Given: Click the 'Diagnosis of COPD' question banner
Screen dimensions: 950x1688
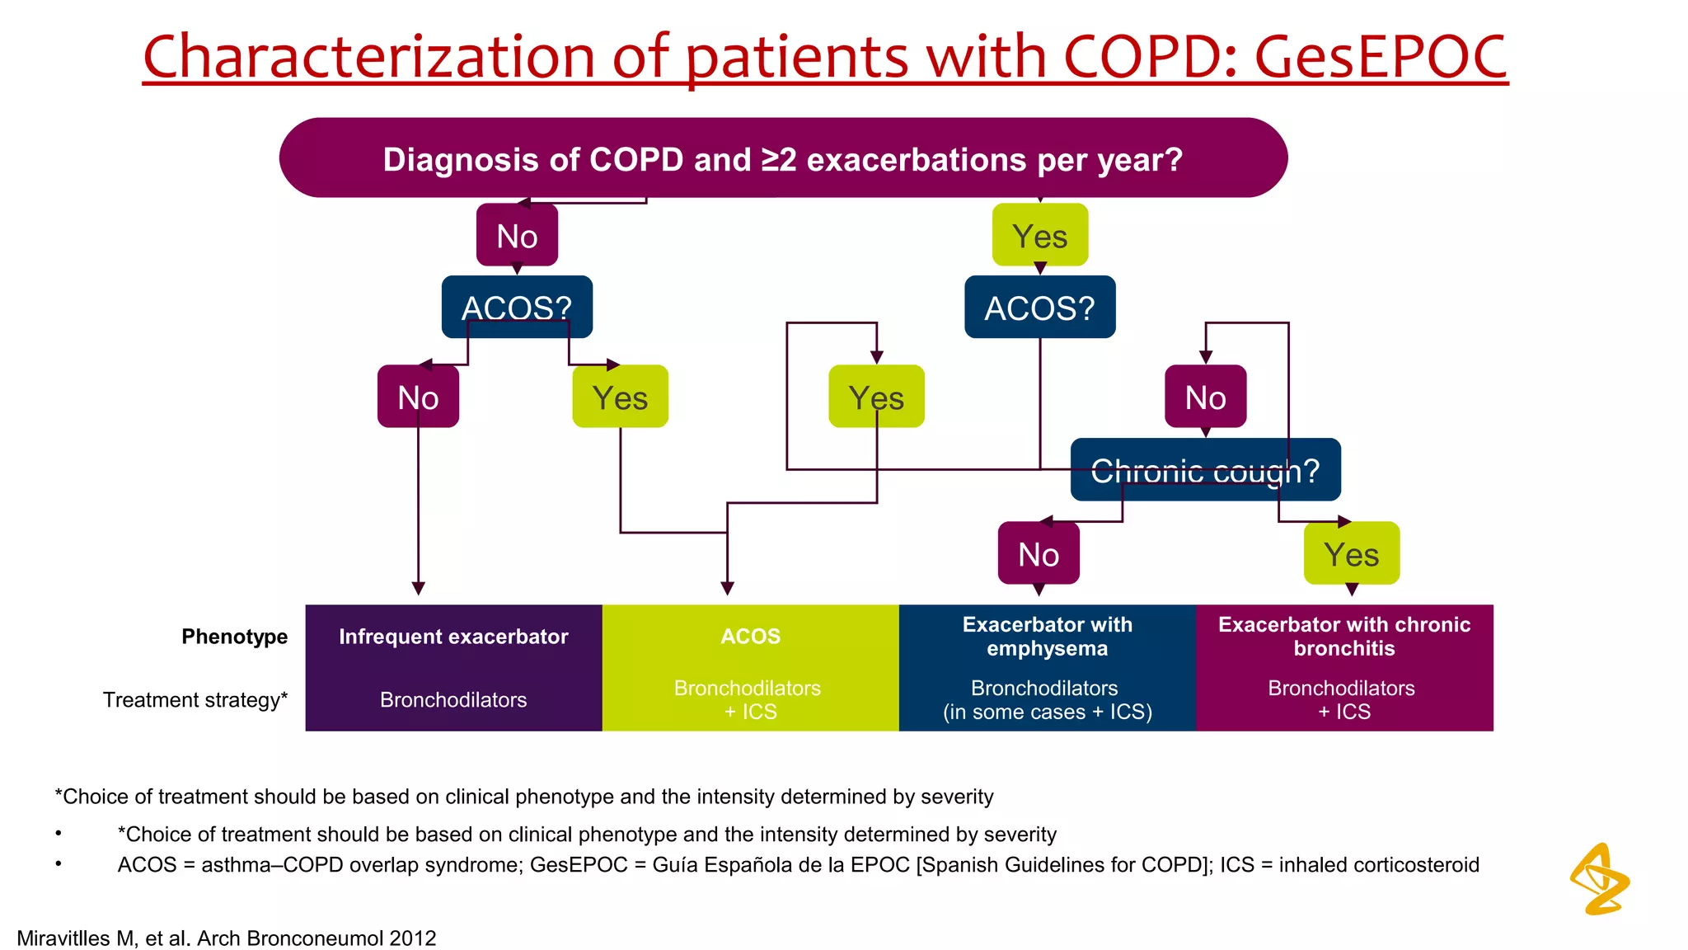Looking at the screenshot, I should [783, 158].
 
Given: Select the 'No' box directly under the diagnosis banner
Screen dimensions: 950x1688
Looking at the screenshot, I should [517, 236].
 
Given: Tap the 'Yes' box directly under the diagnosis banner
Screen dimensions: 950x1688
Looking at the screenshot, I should [1039, 236].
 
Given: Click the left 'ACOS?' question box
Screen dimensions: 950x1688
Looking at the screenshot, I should [517, 307].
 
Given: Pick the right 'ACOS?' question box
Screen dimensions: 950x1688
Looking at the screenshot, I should [1039, 307].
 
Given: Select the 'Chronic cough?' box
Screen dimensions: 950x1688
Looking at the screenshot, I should [1204, 470].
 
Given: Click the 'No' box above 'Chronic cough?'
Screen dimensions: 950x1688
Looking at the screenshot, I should [1204, 397].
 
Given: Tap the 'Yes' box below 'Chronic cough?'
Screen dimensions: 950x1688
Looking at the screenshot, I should [1351, 553].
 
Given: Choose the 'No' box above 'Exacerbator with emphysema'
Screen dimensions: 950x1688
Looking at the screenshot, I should [1038, 553].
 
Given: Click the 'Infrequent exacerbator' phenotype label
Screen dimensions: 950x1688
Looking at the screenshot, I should [453, 637].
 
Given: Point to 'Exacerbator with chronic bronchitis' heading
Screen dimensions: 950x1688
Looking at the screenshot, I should [1344, 636].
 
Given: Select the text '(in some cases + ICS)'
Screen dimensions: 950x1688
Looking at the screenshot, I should [1047, 712].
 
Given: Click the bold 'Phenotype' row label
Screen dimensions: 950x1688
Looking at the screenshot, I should [234, 637].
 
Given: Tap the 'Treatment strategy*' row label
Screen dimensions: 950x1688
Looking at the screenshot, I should [195, 700].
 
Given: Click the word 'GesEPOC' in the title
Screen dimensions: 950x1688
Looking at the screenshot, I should [1381, 58].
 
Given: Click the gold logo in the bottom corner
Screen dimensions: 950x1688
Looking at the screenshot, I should [1599, 879].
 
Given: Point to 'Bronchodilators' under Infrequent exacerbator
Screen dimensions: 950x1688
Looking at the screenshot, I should [453, 700].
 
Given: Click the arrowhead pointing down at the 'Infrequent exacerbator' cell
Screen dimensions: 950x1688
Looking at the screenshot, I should [418, 588].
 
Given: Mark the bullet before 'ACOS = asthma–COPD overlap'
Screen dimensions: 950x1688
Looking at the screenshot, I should [59, 863].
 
